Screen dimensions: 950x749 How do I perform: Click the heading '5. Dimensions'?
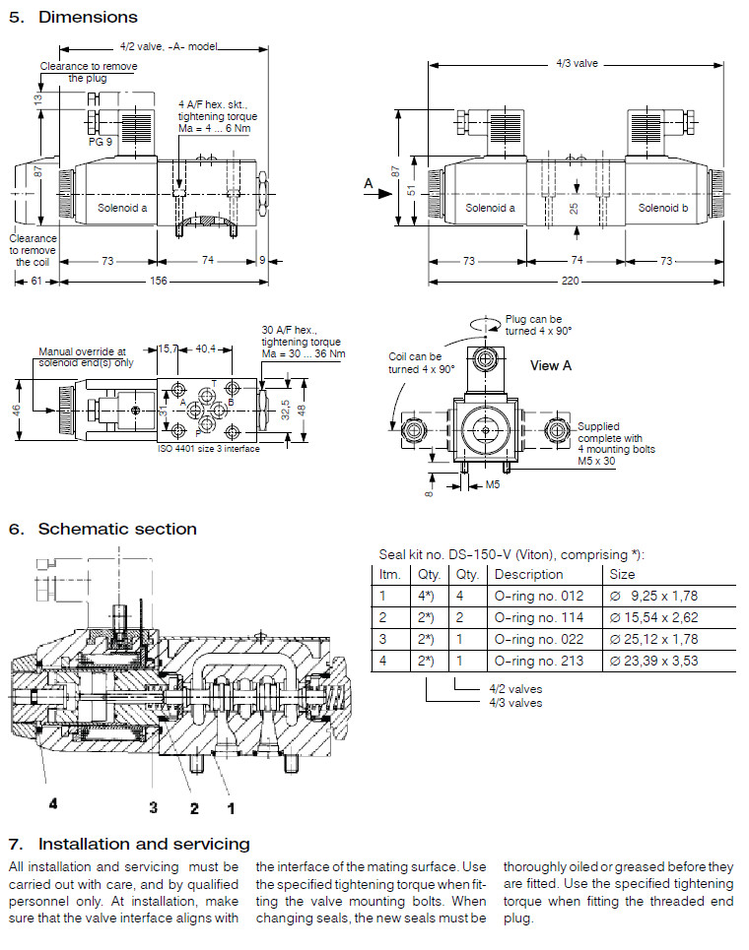(73, 17)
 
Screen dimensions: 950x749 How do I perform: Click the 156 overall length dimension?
(158, 282)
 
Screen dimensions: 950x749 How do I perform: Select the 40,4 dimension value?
(206, 348)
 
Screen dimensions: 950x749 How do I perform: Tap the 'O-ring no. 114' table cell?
(538, 617)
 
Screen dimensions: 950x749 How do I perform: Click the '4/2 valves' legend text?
(514, 690)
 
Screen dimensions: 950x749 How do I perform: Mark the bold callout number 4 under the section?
(53, 803)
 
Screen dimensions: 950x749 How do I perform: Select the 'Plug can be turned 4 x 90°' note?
(533, 325)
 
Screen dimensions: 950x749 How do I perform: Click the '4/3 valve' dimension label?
(577, 63)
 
